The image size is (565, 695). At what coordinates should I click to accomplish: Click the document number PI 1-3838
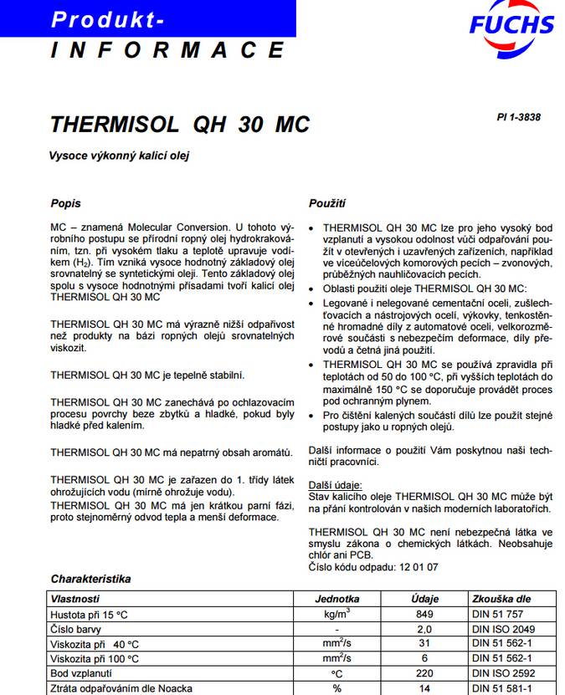[x=518, y=117]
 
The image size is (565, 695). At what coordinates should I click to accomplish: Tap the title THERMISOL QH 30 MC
[x=180, y=125]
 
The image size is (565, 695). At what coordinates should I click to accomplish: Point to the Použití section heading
[x=327, y=203]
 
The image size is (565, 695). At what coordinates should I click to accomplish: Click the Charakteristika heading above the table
[x=90, y=579]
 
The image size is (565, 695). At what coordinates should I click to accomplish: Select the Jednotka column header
[x=337, y=599]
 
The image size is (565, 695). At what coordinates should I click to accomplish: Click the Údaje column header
[x=424, y=599]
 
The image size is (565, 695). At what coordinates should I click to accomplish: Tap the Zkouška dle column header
[x=501, y=599]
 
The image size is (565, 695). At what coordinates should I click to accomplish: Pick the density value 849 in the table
[x=424, y=614]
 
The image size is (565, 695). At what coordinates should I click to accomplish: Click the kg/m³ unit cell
[x=337, y=614]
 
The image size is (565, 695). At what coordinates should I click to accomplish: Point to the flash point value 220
[x=424, y=673]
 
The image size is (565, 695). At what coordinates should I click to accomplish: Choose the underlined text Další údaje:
[x=335, y=484]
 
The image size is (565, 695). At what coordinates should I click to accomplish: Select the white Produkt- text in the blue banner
[x=108, y=18]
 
